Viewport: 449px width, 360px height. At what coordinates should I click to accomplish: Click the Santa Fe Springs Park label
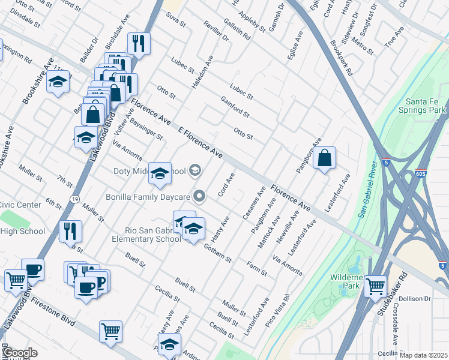point(426,106)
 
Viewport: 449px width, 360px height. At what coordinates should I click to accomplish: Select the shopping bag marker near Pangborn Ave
point(324,159)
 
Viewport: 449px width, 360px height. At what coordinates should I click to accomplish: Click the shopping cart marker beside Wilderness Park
point(376,286)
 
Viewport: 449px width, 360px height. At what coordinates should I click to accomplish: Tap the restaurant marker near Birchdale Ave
point(139,44)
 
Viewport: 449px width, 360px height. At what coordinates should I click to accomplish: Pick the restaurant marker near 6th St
point(71,231)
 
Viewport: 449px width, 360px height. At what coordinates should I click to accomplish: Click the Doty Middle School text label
point(150,172)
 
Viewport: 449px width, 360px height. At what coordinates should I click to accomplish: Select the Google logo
point(19,353)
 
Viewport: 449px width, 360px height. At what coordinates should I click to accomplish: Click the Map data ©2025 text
point(423,355)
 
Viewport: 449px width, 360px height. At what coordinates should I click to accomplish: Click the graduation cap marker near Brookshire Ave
point(58,82)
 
